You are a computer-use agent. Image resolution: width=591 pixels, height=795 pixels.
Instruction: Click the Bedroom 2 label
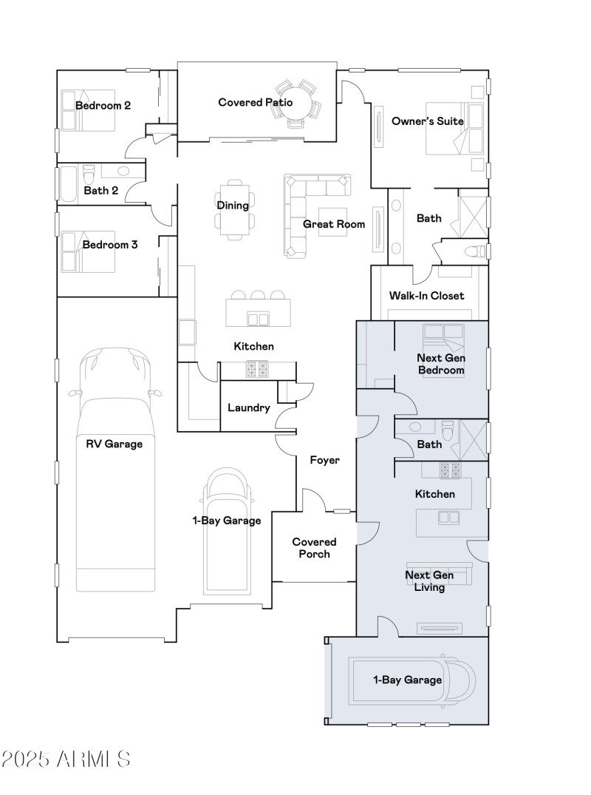click(x=103, y=106)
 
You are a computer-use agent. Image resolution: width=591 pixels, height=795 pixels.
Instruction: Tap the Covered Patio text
click(x=255, y=102)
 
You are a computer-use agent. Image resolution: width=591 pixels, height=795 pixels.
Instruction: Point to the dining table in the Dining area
click(x=233, y=206)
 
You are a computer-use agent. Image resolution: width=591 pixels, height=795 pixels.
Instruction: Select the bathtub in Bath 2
click(x=67, y=183)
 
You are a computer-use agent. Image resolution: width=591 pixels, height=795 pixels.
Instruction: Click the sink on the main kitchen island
click(x=258, y=319)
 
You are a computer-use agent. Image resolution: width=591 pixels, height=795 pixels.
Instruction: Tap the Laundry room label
click(x=248, y=407)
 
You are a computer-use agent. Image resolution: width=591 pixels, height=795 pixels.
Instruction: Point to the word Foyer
click(x=324, y=460)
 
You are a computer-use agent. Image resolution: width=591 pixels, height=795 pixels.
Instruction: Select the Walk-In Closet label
click(x=426, y=296)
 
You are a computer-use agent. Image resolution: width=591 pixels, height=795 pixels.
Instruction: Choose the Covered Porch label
click(x=314, y=548)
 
